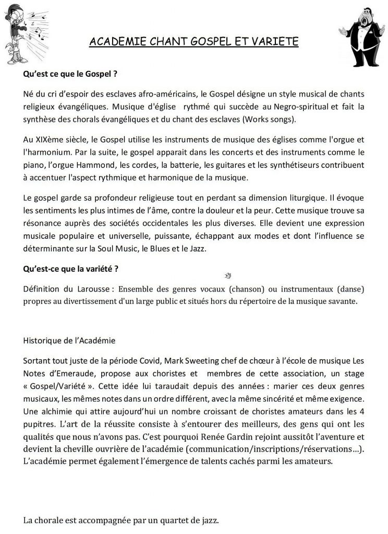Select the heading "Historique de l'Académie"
pyautogui.click(x=69, y=339)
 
